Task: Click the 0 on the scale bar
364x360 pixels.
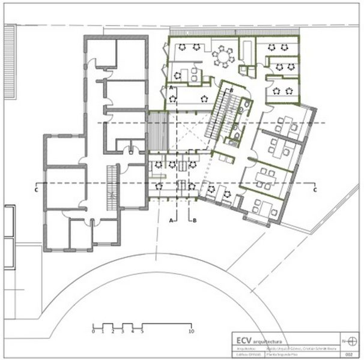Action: [94, 331]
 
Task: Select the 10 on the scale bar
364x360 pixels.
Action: [191, 331]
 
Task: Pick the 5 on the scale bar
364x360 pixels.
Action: [142, 331]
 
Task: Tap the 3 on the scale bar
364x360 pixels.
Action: [123, 331]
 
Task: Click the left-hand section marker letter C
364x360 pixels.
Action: [37, 190]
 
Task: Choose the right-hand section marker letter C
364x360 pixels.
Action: [315, 190]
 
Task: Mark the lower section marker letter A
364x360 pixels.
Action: [172, 221]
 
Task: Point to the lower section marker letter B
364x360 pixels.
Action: [194, 221]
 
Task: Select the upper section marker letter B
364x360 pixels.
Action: [231, 90]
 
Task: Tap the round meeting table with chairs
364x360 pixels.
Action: [225, 58]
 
